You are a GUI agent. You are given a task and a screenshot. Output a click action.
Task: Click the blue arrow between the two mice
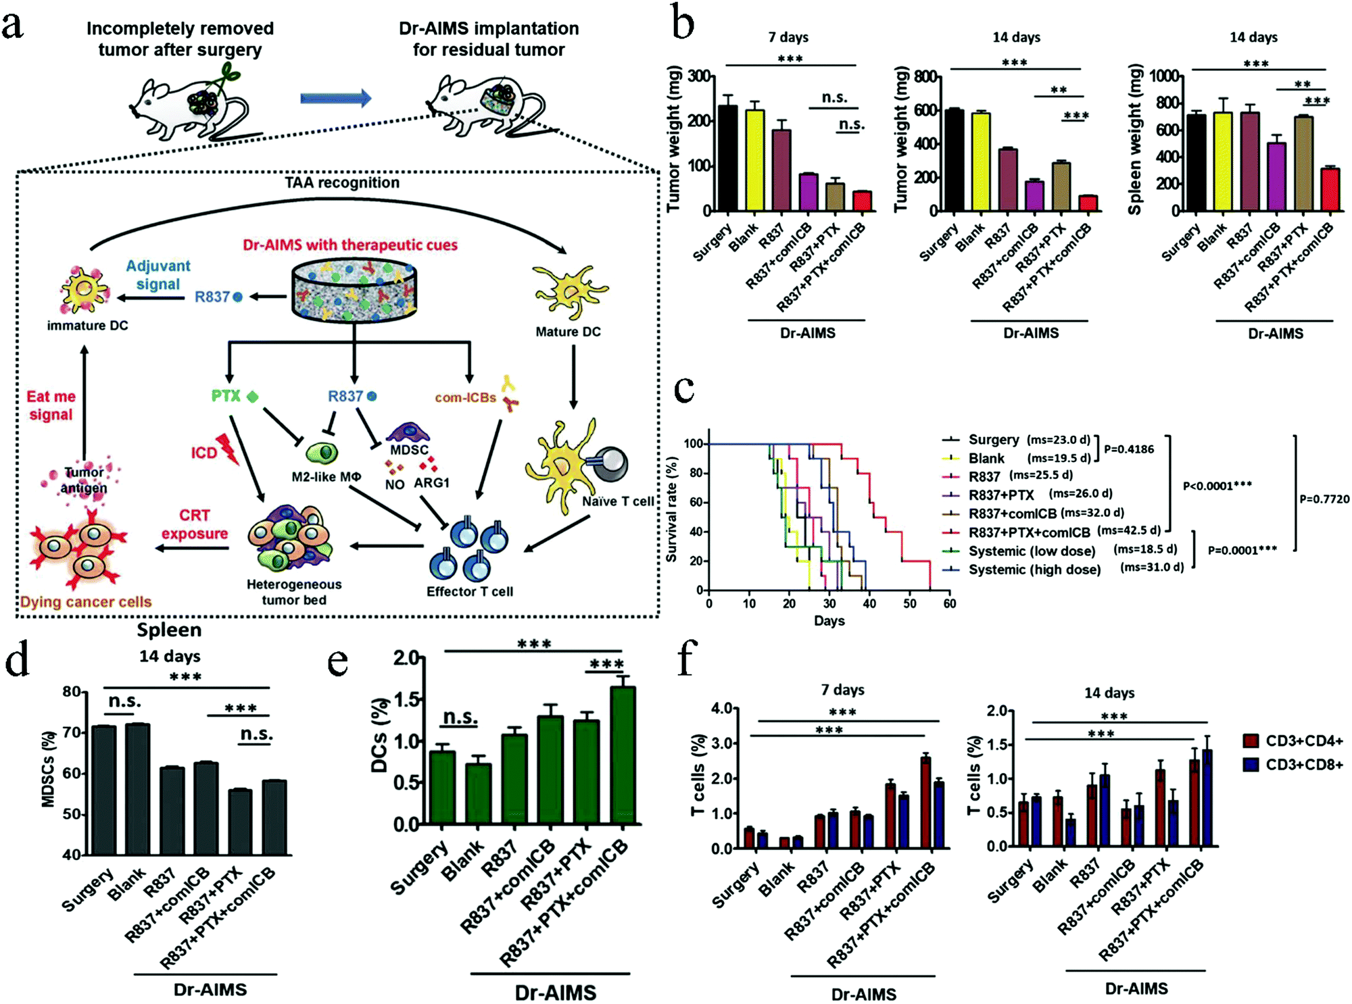pos(335,99)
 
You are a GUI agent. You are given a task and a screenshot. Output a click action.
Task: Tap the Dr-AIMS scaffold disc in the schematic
pos(354,291)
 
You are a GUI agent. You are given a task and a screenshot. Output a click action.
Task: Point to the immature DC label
pos(87,326)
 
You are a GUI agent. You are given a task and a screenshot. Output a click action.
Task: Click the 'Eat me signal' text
pos(51,405)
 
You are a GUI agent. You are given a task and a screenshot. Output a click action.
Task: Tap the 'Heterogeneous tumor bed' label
pos(294,592)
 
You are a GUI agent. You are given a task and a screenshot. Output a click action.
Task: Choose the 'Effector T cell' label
pos(469,592)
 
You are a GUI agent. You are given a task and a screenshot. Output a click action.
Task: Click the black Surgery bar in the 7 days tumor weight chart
pos(727,159)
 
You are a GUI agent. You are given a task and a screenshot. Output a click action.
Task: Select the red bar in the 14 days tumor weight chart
pos(1088,203)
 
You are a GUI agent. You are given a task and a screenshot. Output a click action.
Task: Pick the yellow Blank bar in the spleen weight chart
pos(1222,162)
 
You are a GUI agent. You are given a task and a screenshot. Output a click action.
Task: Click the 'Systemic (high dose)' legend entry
pos(1034,570)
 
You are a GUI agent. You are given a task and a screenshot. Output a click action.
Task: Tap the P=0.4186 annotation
pos(1128,449)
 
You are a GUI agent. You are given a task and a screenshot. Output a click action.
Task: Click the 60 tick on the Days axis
pos(950,603)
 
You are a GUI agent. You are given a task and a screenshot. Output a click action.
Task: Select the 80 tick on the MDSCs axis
pos(71,692)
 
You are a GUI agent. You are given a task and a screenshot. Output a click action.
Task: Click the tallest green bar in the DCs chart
pos(623,755)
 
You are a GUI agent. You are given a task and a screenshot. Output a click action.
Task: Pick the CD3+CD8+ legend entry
pos(1303,765)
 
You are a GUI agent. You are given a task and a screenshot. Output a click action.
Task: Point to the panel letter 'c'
pos(683,391)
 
